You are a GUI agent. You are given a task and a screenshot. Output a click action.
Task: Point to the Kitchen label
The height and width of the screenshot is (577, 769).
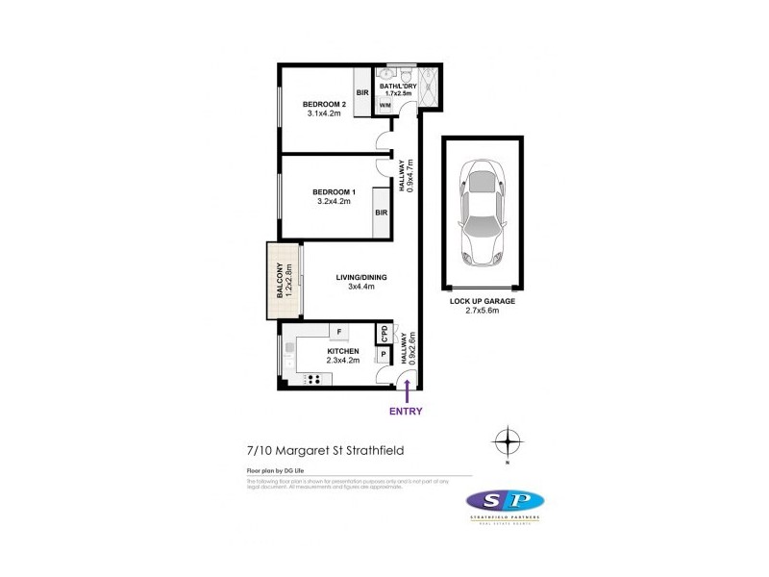point(342,353)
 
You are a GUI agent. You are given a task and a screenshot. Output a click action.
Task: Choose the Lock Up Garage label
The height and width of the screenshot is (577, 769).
point(482,301)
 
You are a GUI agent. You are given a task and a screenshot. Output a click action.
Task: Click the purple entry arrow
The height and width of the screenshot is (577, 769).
point(408,390)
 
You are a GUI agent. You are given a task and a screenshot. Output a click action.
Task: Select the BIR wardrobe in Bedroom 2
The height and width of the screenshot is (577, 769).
point(363,92)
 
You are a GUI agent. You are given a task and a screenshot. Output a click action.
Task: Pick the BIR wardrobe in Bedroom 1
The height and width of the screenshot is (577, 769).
point(382,213)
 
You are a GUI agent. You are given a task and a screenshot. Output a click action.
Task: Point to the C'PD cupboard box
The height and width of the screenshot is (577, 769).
point(384,332)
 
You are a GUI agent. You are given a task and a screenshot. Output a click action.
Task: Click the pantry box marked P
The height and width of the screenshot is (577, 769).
point(384,354)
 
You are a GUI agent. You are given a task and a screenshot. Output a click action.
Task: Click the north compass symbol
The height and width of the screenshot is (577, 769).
point(507,443)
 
